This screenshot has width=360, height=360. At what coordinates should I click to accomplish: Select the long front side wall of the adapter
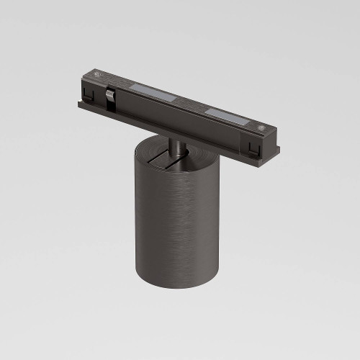coord(173,126)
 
